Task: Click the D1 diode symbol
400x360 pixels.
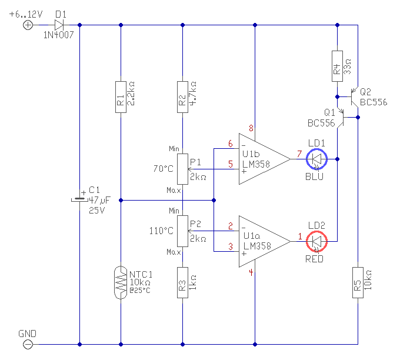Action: (x=59, y=25)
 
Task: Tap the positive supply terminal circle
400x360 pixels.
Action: (x=28, y=25)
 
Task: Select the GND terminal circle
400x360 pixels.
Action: (x=28, y=345)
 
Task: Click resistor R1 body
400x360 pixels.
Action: (x=121, y=97)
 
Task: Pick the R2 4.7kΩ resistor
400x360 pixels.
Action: (x=183, y=97)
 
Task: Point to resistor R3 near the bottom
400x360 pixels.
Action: (x=183, y=283)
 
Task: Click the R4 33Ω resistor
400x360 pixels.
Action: (x=337, y=66)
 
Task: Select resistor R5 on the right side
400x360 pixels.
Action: (x=358, y=283)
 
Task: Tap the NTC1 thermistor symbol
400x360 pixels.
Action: (x=121, y=282)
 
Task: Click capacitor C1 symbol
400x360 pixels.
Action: (x=79, y=200)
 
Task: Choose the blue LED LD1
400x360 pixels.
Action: (x=316, y=159)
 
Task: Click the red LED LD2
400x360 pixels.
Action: (x=316, y=241)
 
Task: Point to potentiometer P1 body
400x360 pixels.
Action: (x=183, y=169)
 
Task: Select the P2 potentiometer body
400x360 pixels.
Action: (x=183, y=231)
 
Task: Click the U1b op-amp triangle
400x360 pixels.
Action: (x=265, y=159)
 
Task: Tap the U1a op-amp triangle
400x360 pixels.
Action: (x=265, y=241)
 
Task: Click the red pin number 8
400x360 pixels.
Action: (x=251, y=128)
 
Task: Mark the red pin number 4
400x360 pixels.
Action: (x=251, y=272)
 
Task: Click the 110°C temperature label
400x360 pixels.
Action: (x=161, y=231)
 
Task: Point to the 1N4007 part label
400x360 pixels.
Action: (x=58, y=35)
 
